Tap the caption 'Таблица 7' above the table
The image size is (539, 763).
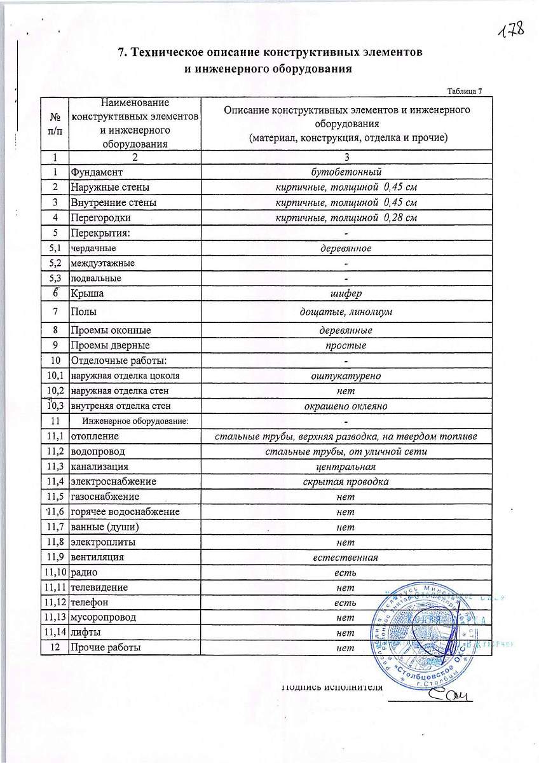click(x=465, y=91)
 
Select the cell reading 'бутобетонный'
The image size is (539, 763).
click(x=346, y=172)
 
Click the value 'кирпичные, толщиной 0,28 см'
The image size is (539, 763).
click(x=346, y=218)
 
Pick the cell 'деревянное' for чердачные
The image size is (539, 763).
click(x=346, y=248)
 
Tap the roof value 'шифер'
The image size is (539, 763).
click(x=346, y=293)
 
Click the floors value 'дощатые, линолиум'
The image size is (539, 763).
click(x=346, y=312)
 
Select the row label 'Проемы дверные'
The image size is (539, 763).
click(x=111, y=345)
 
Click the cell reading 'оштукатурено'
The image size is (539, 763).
click(x=346, y=376)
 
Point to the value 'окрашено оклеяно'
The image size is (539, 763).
click(x=346, y=406)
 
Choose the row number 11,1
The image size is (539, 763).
click(x=55, y=436)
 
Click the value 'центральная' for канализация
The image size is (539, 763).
click(x=346, y=467)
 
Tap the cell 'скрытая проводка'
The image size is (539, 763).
click(x=346, y=481)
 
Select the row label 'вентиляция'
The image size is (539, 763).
click(x=97, y=557)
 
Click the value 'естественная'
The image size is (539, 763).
click(x=346, y=557)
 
